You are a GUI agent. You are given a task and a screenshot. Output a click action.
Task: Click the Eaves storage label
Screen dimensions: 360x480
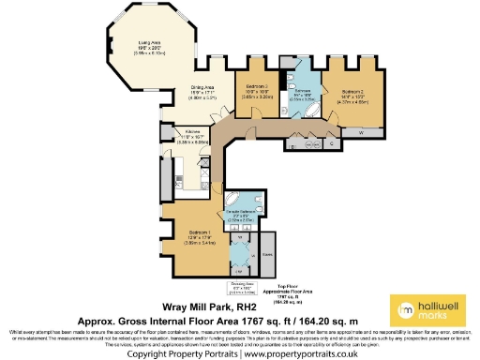click(267, 253)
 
